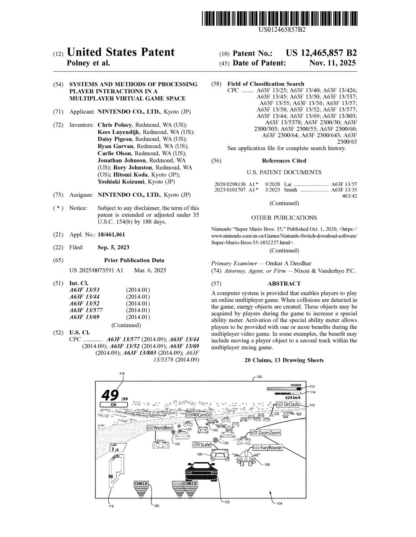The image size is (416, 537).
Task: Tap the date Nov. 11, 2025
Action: [x=333, y=63]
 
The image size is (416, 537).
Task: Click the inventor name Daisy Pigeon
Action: [x=114, y=139]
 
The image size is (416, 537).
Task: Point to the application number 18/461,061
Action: [x=111, y=234]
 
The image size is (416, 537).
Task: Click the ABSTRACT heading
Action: [x=284, y=284]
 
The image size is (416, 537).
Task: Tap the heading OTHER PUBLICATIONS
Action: [x=284, y=217]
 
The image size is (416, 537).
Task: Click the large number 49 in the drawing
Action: [x=110, y=395]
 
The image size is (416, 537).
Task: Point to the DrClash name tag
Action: [x=287, y=405]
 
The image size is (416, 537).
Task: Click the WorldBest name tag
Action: [x=160, y=428]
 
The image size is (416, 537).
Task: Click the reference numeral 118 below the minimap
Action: [x=111, y=506]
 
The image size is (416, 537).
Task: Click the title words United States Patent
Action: [x=121, y=53]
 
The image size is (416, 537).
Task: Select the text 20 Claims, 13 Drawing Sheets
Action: [x=284, y=360]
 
